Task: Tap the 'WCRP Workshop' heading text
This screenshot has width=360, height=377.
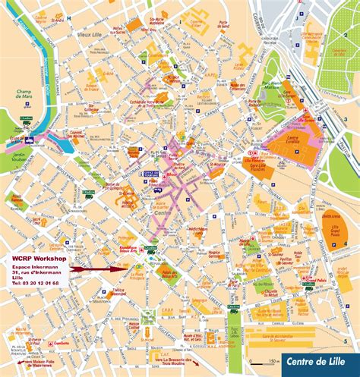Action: tap(38, 259)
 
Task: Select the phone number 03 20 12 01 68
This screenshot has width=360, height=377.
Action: tap(35, 283)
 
